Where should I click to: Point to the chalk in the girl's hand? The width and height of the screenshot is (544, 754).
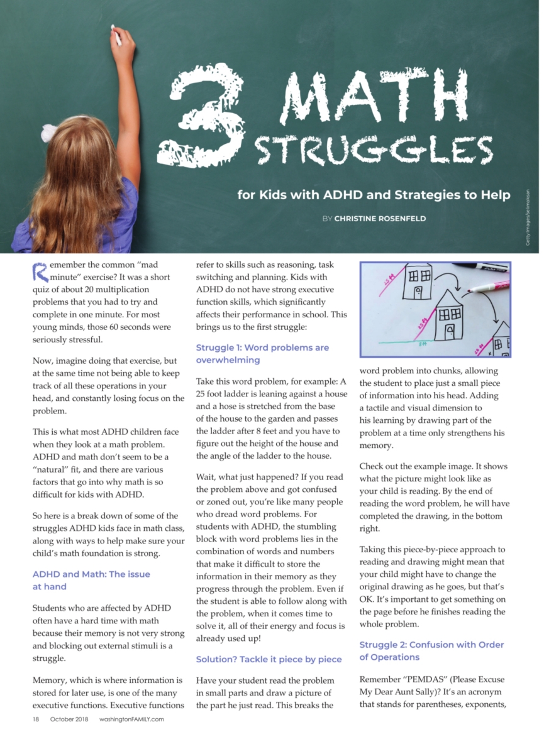116,34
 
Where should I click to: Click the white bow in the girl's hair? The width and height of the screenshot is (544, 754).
50,133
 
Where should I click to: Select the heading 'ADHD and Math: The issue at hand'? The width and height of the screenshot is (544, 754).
91,580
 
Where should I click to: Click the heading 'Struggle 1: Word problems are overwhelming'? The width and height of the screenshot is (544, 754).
262,354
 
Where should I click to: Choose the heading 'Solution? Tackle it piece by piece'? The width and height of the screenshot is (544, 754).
269,659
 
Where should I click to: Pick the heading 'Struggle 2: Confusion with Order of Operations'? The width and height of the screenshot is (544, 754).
431,651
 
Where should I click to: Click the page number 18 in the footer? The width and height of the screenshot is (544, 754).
36,719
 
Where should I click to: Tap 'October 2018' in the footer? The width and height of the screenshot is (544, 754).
69,719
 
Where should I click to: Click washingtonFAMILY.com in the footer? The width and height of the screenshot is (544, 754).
131,719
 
